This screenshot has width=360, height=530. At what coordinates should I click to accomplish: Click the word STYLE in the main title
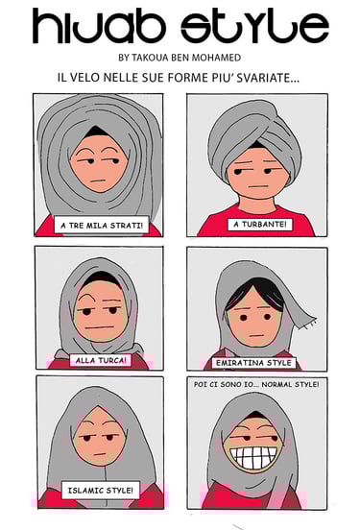pyautogui.click(x=254, y=26)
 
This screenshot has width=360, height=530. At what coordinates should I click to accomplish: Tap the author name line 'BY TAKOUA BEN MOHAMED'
pyautogui.click(x=180, y=58)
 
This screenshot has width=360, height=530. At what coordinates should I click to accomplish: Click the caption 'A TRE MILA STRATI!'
pyautogui.click(x=102, y=225)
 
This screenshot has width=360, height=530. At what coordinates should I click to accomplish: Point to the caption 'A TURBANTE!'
pyautogui.click(x=259, y=224)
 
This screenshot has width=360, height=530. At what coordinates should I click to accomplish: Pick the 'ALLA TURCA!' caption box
pyautogui.click(x=101, y=360)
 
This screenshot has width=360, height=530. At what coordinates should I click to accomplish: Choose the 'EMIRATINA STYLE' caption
pyautogui.click(x=253, y=363)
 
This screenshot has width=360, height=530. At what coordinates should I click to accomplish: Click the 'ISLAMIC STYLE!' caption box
pyautogui.click(x=101, y=490)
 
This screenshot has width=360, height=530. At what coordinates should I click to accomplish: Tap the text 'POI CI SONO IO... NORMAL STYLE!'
pyautogui.click(x=256, y=384)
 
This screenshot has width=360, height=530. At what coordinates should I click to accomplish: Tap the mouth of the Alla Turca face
pyautogui.click(x=100, y=326)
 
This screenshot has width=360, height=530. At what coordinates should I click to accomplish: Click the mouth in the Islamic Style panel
pyautogui.click(x=100, y=453)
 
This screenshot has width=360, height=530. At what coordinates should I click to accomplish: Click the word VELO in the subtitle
pyautogui.click(x=84, y=78)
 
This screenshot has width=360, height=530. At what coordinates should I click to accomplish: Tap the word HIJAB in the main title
pyautogui.click(x=97, y=26)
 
